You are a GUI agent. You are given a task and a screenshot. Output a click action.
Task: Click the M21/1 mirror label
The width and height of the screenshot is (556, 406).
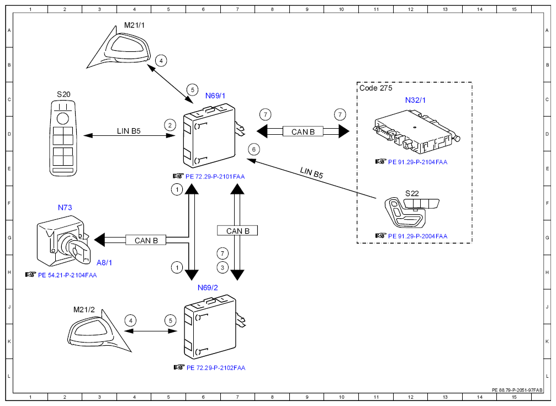[134, 25]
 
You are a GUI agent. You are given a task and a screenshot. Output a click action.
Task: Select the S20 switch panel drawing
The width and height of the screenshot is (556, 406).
[63, 138]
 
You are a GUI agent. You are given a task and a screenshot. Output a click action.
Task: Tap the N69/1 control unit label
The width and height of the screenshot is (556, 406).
[215, 96]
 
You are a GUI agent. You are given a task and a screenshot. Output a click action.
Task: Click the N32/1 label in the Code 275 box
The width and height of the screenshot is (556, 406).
[415, 101]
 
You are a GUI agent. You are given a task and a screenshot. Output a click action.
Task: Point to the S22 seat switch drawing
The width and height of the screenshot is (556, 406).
[411, 212]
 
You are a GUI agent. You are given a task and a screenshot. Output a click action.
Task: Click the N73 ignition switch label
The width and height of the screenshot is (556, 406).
[65, 208]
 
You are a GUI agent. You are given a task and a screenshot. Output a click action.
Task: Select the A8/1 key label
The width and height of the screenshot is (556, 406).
[104, 262]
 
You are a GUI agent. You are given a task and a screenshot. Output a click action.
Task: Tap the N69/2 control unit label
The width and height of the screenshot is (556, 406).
[208, 288]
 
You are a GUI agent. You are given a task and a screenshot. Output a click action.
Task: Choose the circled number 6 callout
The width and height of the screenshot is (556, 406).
[253, 149]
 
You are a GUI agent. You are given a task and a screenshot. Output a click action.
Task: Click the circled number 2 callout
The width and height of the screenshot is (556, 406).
[170, 125]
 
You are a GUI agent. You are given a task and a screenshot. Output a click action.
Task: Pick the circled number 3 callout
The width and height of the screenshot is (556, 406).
[223, 267]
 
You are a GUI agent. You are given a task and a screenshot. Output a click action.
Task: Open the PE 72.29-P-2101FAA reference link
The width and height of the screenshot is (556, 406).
[215, 177]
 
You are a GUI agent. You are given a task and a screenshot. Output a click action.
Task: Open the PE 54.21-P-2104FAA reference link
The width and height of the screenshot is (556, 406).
[67, 275]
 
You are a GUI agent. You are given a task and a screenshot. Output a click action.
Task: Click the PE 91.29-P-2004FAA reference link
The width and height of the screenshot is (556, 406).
[418, 236]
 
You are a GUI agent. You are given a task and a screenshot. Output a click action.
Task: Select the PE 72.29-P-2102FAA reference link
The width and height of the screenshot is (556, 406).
[216, 368]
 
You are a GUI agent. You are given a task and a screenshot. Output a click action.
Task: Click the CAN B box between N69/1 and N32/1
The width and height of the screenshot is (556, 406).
[303, 131]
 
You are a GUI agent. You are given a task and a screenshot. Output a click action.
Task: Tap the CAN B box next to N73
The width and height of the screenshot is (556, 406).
[146, 240]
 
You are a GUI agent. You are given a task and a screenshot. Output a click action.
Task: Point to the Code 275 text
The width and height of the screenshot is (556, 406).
[376, 88]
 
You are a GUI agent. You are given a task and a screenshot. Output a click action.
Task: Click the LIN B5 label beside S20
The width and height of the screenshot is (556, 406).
[129, 131]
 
